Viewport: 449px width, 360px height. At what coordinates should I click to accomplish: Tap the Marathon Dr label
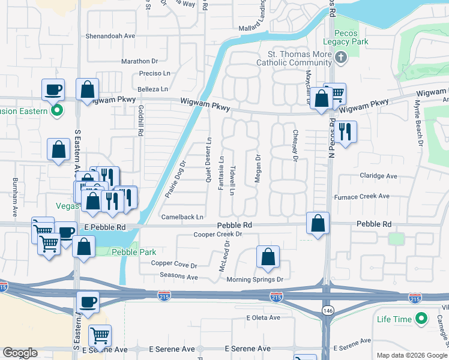139,61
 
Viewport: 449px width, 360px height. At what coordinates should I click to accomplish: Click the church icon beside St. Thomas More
341,58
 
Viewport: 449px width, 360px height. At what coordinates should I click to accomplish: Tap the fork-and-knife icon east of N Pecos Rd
345,131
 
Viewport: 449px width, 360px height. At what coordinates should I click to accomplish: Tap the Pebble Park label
133,252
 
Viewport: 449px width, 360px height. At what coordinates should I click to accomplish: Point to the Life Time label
394,320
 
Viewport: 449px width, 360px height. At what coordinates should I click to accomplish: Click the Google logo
20,353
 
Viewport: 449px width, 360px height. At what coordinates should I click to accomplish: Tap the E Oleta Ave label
263,317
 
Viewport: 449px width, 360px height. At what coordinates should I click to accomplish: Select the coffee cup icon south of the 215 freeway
88,303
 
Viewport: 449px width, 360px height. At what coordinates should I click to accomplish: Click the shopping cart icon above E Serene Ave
100,335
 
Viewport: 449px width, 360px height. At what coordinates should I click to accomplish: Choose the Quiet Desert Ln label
209,159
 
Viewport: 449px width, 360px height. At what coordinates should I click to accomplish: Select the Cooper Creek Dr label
217,235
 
